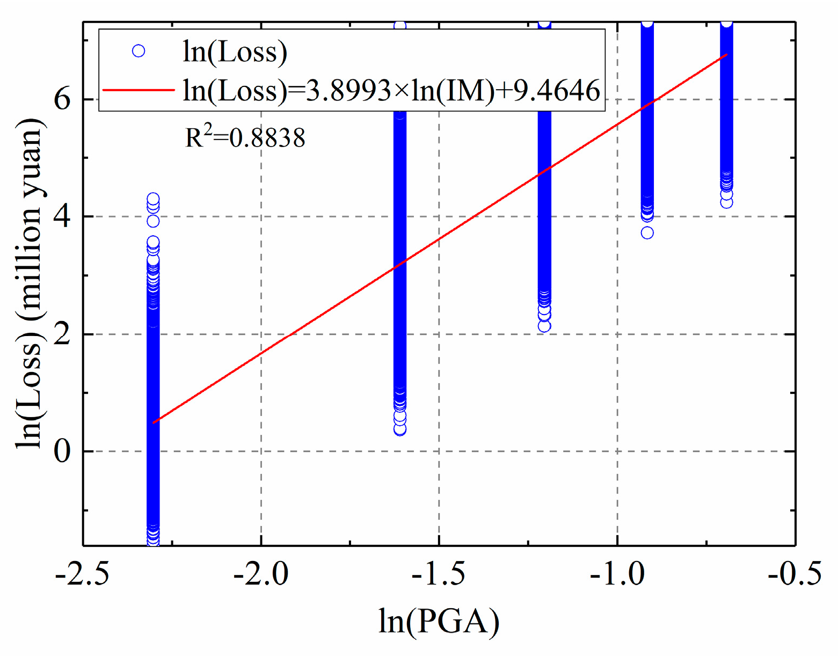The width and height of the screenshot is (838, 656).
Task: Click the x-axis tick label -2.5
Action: (82, 574)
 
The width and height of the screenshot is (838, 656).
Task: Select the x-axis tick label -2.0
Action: (260, 574)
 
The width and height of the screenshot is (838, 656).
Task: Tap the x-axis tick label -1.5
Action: (439, 574)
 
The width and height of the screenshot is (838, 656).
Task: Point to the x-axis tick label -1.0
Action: (617, 574)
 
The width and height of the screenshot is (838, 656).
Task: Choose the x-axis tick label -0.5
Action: (795, 574)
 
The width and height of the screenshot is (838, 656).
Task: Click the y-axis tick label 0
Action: (62, 451)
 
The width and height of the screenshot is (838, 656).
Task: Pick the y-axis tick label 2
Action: (62, 334)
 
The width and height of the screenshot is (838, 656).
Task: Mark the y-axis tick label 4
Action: (62, 217)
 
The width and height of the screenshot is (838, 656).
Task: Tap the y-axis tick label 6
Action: (62, 99)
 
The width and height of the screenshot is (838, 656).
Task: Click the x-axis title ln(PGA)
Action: (439, 621)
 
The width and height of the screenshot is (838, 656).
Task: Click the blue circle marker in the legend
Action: (139, 51)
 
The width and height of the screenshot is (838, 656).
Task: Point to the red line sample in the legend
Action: (139, 90)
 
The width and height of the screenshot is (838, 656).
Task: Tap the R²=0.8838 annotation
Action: (245, 137)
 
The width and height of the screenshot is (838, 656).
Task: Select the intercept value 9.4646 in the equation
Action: (557, 90)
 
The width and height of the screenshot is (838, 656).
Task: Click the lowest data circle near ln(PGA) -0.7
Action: (726, 202)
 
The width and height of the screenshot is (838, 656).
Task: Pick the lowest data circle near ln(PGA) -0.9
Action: (647, 232)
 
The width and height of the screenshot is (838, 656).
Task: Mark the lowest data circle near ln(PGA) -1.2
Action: (544, 326)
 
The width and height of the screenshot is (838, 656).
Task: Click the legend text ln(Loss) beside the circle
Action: (235, 52)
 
